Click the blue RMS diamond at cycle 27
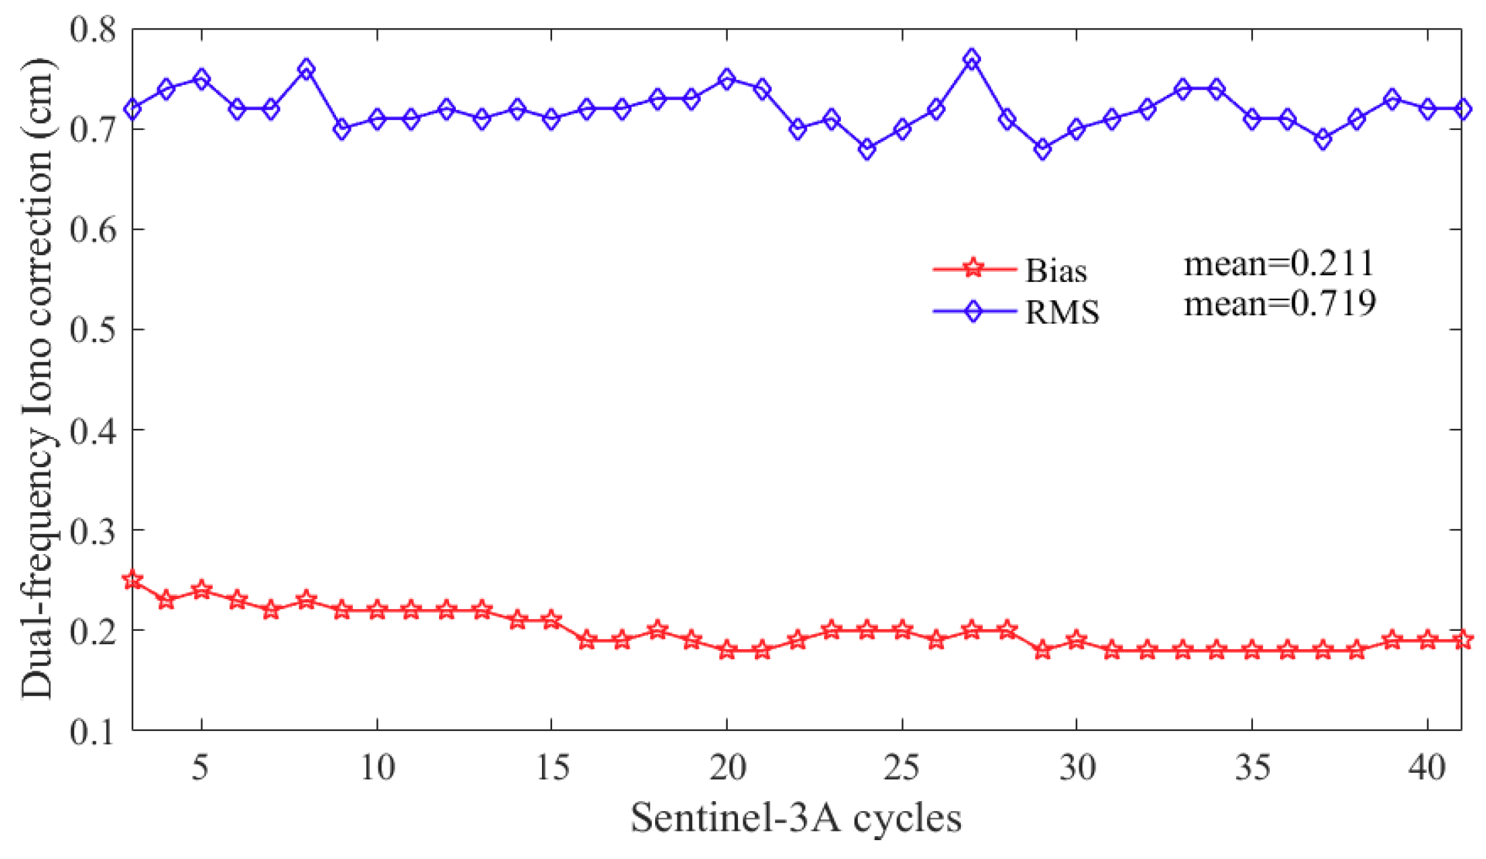click(971, 59)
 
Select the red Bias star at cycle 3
click(133, 580)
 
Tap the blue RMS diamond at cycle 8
click(306, 69)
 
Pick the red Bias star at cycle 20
click(727, 650)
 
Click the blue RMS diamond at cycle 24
click(867, 149)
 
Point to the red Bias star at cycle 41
click(1462, 640)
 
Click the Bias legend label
click(1056, 271)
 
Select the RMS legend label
click(1062, 312)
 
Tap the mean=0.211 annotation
click(1279, 263)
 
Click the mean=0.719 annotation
click(1280, 304)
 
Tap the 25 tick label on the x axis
click(901, 767)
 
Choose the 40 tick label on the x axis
click(1427, 767)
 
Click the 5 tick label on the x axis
click(200, 767)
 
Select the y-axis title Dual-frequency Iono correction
click(37, 377)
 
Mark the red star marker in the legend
click(973, 269)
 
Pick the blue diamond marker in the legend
click(973, 311)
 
